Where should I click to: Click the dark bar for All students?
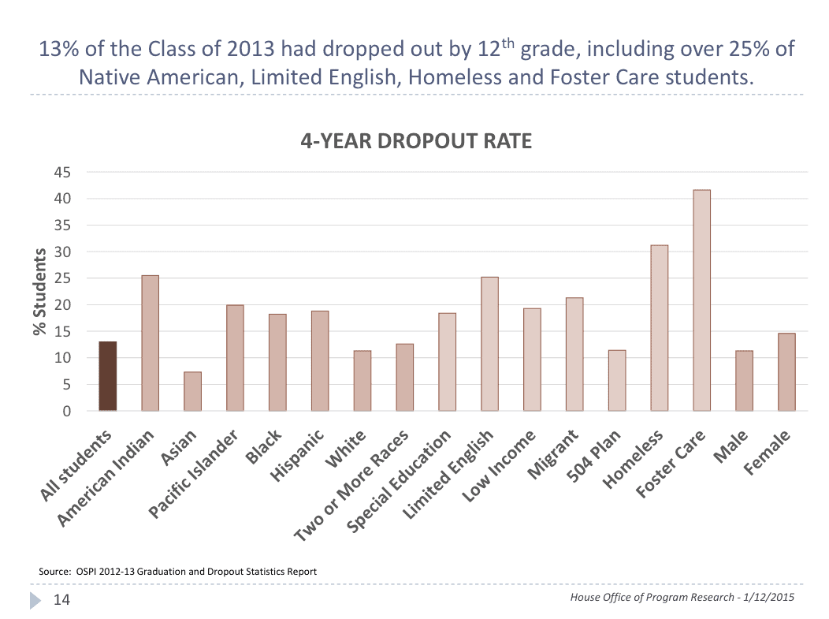(x=108, y=376)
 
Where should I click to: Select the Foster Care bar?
(x=701, y=300)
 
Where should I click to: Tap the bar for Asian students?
(x=193, y=391)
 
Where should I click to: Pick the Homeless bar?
(x=659, y=328)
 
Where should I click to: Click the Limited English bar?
(x=489, y=344)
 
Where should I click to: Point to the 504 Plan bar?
(x=617, y=380)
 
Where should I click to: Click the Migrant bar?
(x=574, y=354)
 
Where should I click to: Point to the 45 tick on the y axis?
(x=61, y=172)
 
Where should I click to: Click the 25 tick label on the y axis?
(x=61, y=278)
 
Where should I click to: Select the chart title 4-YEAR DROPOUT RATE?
(x=416, y=142)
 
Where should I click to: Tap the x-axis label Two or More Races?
(x=351, y=487)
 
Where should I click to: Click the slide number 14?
(x=61, y=601)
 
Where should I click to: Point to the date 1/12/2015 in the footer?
(x=764, y=597)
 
